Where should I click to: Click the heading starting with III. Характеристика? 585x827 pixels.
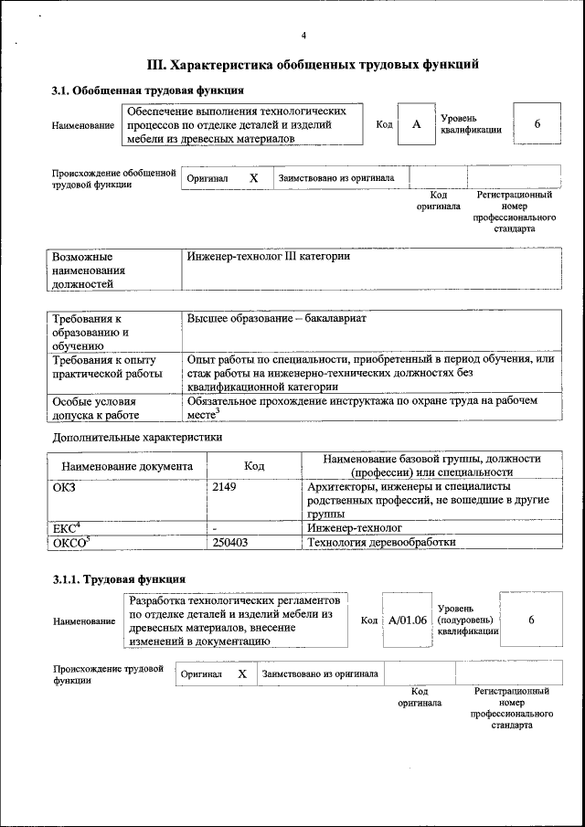click(x=313, y=65)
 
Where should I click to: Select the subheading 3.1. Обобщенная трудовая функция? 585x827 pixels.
click(x=146, y=90)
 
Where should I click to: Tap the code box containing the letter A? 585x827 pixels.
click(x=416, y=124)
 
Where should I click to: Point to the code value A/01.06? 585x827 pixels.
click(x=408, y=620)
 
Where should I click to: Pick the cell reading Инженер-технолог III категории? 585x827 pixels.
click(x=269, y=257)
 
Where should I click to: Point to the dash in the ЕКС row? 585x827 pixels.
click(x=214, y=528)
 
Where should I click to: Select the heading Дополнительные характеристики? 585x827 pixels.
click(x=136, y=437)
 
